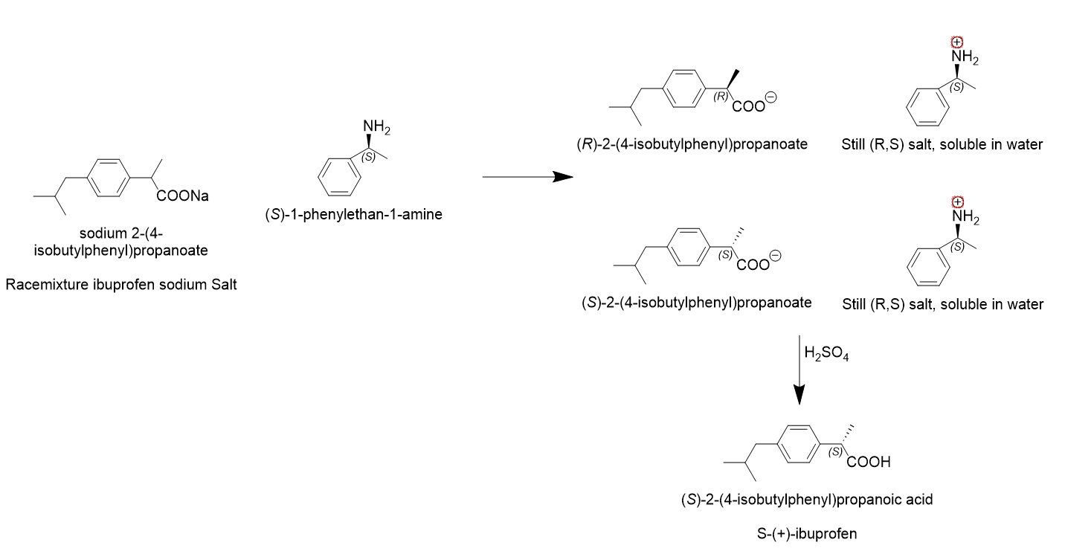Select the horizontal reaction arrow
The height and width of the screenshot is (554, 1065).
pos(527,178)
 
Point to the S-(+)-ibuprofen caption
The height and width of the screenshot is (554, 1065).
pos(806,533)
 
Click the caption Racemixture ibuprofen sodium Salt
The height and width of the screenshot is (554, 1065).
pos(121,285)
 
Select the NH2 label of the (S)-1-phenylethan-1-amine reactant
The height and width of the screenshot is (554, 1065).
pos(376,128)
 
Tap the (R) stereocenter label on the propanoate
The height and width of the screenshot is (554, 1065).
pos(719,97)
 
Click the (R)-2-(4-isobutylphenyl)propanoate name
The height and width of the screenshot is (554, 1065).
pos(692,144)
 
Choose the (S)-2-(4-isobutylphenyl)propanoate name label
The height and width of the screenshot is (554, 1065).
pos(696,303)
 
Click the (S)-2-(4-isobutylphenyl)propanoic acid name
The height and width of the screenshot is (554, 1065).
pos(807,500)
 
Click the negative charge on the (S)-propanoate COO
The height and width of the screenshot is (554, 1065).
pos(775,256)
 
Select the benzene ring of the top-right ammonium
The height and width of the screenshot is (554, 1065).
pos(928,107)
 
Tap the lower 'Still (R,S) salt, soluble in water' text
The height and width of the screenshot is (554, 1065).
pos(942,304)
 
